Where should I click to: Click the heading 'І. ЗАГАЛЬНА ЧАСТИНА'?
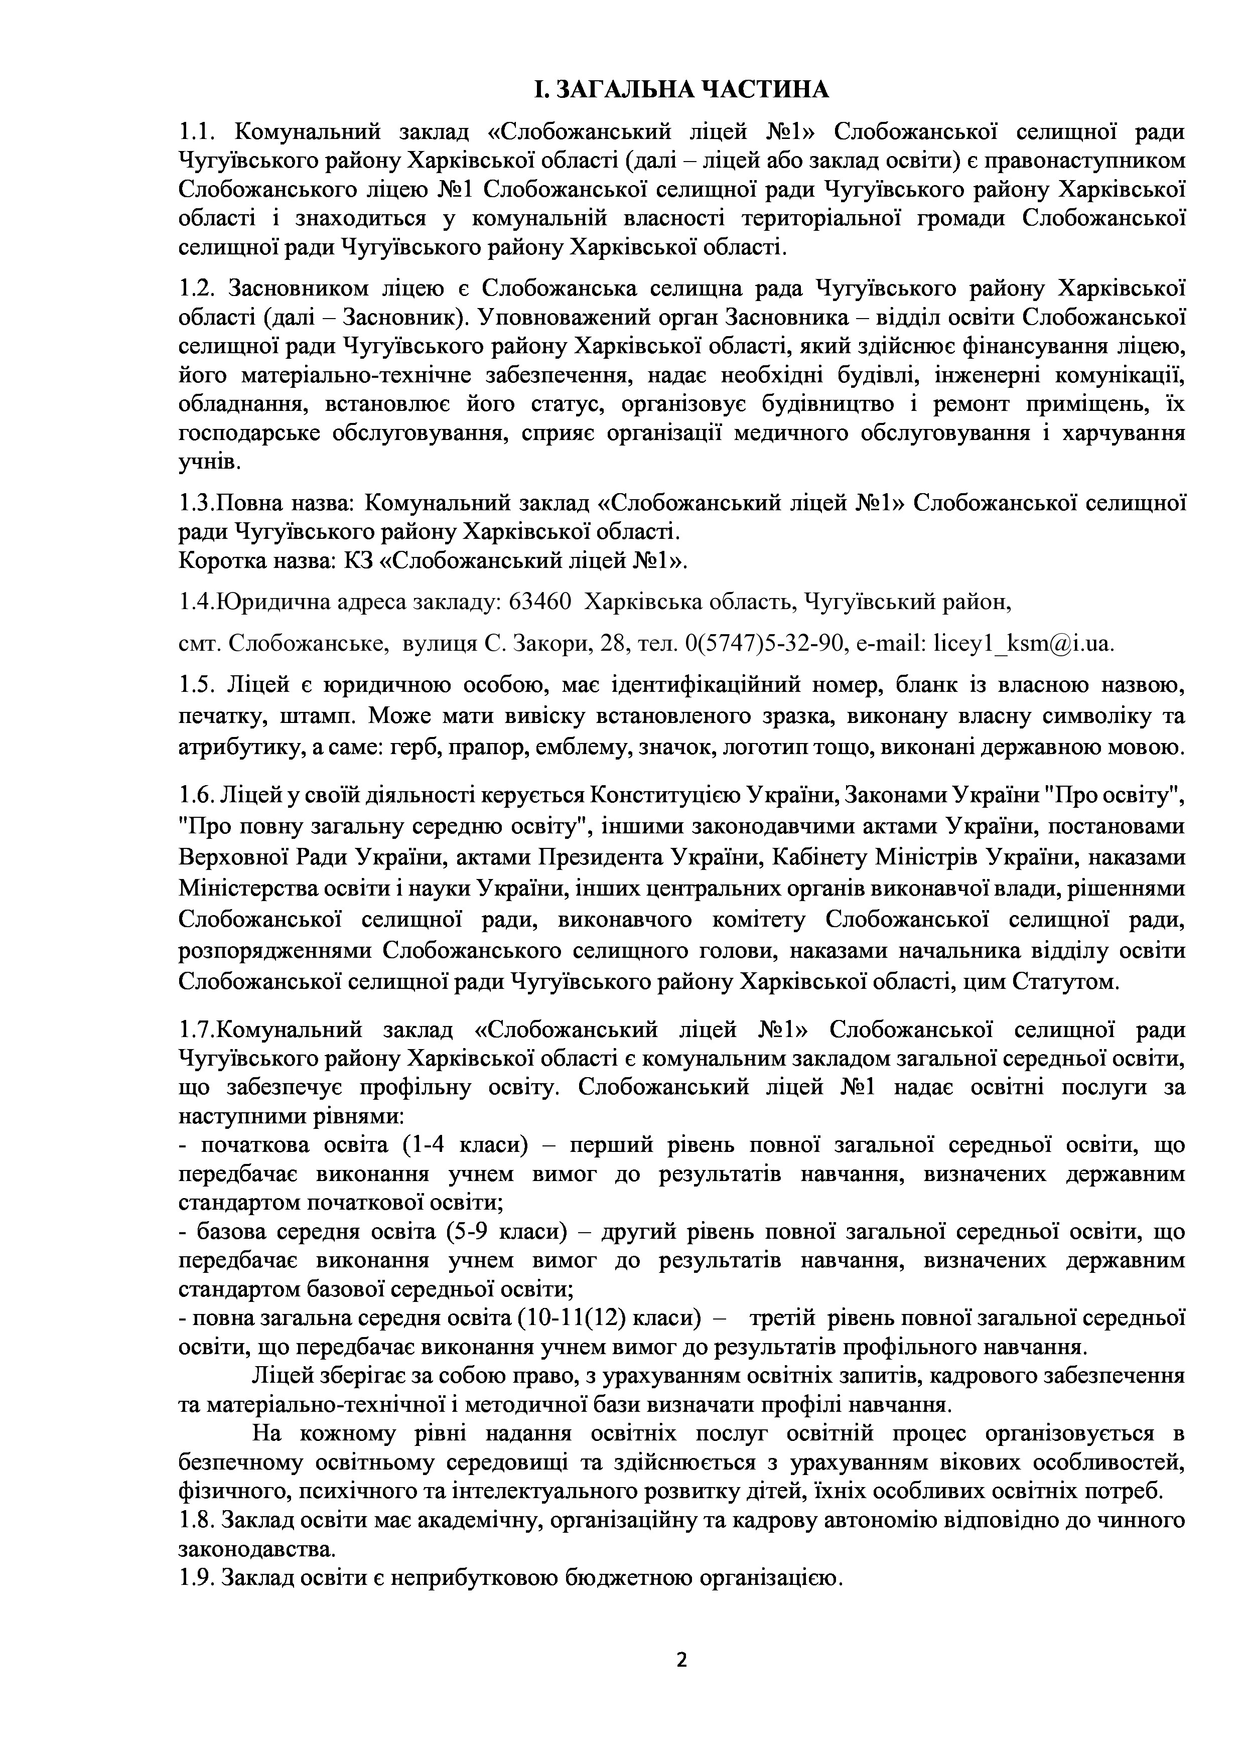coord(681,90)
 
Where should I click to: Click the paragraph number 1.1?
coord(198,132)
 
